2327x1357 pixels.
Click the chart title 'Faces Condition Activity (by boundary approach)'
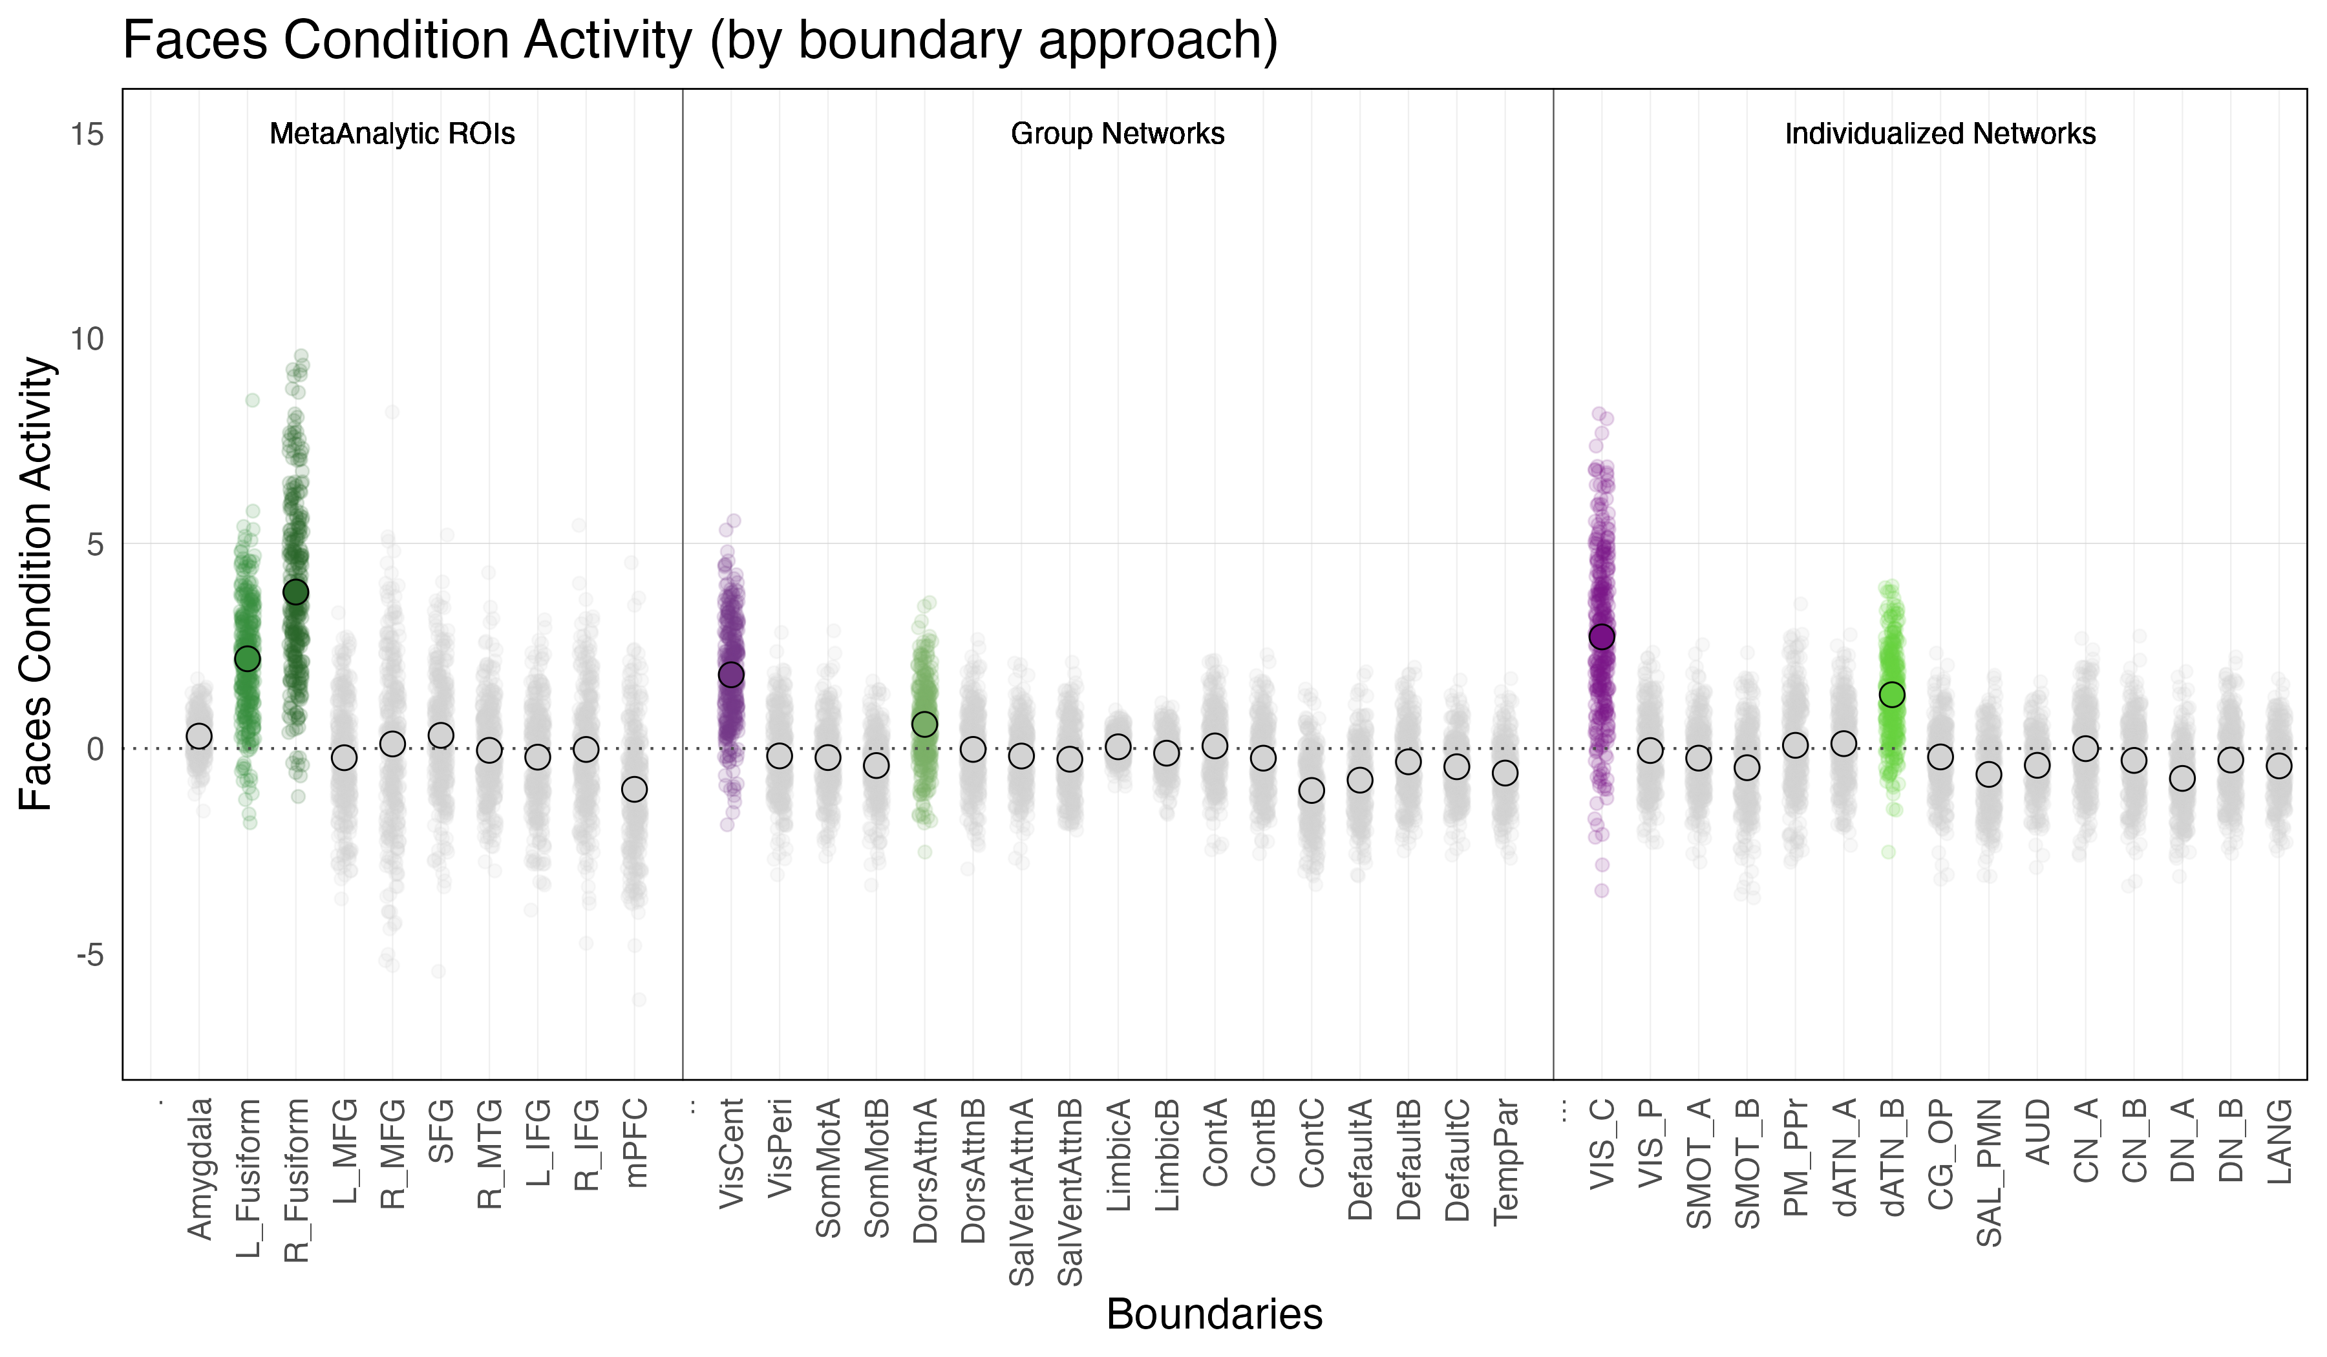point(700,41)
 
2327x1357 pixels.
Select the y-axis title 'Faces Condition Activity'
point(37,584)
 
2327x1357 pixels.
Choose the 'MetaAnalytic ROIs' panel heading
point(392,134)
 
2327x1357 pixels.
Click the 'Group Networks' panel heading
point(1118,134)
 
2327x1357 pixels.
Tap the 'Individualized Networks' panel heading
point(1939,134)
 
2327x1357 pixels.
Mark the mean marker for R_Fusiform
point(295,592)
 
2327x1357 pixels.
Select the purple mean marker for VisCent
point(730,675)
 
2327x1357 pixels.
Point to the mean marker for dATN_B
point(1892,694)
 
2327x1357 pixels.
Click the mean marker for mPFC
point(633,789)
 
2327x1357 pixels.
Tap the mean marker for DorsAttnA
point(924,724)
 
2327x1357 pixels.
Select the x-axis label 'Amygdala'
point(200,1167)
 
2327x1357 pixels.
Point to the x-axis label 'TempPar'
point(1505,1159)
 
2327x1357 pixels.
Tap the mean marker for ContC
point(1312,790)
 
